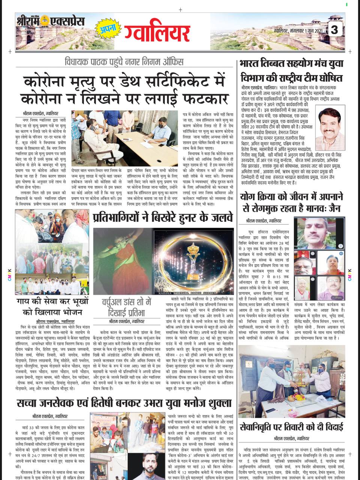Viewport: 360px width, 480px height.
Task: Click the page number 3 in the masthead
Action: click(334, 30)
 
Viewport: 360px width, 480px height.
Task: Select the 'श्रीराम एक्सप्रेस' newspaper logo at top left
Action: click(50, 21)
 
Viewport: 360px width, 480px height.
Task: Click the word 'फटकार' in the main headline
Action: click(204, 99)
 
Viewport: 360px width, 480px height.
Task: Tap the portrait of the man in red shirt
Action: click(330, 129)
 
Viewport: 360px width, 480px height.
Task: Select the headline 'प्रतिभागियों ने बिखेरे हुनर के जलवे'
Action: click(163, 217)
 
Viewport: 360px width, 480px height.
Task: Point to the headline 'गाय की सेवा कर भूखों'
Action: click(52, 301)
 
